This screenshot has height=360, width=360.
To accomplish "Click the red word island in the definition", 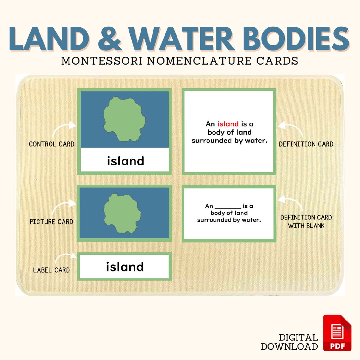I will (228, 124).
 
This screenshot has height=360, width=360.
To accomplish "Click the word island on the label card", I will (125, 267).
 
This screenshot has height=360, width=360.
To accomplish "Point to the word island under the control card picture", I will (125, 161).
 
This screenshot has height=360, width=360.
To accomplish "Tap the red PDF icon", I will (337, 333).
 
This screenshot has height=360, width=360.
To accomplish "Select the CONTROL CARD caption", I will (51, 144).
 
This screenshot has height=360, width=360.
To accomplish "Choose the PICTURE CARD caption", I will (51, 222).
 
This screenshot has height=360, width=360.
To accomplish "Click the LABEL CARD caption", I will (51, 270).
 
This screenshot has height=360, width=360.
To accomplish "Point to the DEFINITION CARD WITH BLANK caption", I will (306, 221).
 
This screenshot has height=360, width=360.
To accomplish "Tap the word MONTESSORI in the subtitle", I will (102, 61).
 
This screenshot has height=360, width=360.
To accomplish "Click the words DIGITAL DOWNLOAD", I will (290, 342).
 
